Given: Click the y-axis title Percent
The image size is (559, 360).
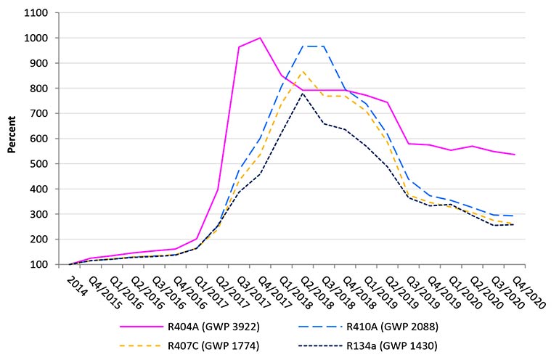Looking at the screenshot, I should point(12,138).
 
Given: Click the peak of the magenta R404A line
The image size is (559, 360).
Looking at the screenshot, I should point(260,38).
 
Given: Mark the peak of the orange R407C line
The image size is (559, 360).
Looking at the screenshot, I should point(303,72).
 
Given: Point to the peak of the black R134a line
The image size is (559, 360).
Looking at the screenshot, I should point(303,93).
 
